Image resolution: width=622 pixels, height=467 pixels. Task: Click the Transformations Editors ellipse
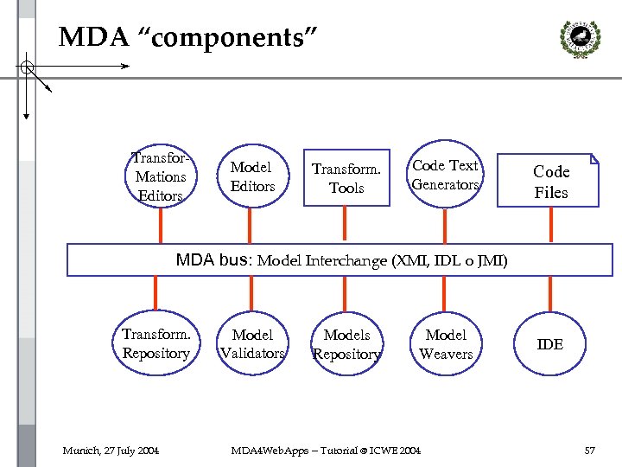pos(126,175)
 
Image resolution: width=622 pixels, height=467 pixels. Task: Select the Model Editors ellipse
pos(218,175)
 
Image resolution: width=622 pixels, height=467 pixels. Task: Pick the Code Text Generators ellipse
pos(407,174)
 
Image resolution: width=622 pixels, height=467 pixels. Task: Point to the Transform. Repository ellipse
pos(113,342)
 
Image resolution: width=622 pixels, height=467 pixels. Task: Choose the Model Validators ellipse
pos(218,342)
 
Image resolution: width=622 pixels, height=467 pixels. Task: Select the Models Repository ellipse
pos(311,343)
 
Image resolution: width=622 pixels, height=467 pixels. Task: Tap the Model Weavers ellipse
pos(410,343)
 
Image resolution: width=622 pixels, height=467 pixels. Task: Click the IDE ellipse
pos(515,343)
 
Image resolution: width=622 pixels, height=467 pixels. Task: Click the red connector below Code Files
pos(551,225)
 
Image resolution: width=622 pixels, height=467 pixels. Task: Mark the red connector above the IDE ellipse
pos(550,294)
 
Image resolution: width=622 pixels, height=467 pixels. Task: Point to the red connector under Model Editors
pos(250,226)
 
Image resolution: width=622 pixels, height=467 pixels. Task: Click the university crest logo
pos(581,39)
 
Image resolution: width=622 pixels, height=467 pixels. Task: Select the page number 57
pos(590,451)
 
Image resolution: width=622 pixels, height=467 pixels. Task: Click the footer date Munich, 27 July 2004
pos(111,451)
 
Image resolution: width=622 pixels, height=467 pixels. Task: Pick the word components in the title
pos(227,38)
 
